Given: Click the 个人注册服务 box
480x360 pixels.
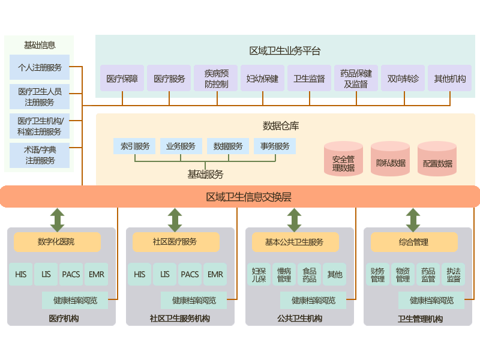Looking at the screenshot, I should pyautogui.click(x=40, y=67).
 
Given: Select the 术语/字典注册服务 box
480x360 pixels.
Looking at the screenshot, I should pyautogui.click(x=40, y=155).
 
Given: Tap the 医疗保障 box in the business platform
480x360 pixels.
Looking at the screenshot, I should pyautogui.click(x=122, y=78).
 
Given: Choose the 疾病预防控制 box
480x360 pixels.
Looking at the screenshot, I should pyautogui.click(x=216, y=78).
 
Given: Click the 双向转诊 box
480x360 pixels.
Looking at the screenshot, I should pyautogui.click(x=403, y=78).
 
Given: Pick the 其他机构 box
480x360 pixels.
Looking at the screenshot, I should pyautogui.click(x=449, y=78).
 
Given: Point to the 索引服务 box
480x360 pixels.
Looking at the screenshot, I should pyautogui.click(x=134, y=146).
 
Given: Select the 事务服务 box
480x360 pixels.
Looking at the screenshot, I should pyautogui.click(x=275, y=146).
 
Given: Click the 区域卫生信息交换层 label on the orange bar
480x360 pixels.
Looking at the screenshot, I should pyautogui.click(x=248, y=196).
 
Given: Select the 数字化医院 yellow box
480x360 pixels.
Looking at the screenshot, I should pyautogui.click(x=57, y=242).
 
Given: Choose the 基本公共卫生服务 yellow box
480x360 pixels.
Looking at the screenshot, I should pyautogui.click(x=294, y=242).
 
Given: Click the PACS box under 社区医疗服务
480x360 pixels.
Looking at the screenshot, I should pyautogui.click(x=190, y=274).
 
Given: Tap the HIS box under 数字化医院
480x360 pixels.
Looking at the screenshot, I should pyautogui.click(x=20, y=274).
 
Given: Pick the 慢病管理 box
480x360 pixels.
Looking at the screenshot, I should pyautogui.click(x=284, y=274).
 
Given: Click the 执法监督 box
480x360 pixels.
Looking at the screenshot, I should pyautogui.click(x=453, y=274).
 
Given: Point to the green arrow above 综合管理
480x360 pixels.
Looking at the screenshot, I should pyautogui.click(x=413, y=219).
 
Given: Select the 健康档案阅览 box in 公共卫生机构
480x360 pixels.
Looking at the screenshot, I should pyautogui.click(x=313, y=300).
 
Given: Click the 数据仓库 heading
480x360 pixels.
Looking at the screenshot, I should pyautogui.click(x=281, y=125).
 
